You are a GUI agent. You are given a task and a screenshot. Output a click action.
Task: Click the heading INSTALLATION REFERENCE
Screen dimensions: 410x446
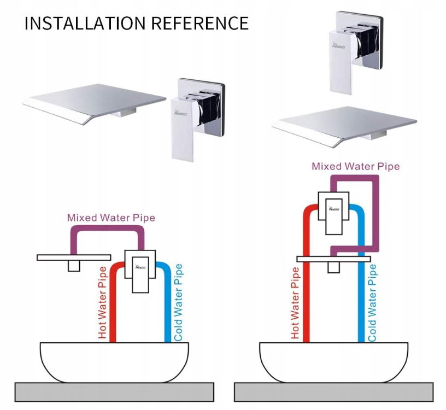click(x=136, y=23)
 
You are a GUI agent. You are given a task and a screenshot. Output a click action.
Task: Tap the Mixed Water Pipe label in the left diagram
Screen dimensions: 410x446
click(x=111, y=218)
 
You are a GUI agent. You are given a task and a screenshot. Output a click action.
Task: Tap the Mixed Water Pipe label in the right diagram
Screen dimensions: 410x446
click(x=355, y=166)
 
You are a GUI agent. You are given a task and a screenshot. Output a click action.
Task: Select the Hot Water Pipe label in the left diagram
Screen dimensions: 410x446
click(x=102, y=302)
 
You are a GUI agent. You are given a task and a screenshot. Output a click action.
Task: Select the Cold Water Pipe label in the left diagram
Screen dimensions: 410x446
click(x=178, y=302)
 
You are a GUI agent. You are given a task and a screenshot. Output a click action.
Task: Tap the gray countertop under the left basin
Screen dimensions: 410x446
click(x=114, y=392)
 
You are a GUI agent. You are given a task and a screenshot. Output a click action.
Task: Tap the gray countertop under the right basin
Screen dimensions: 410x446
click(x=333, y=392)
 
